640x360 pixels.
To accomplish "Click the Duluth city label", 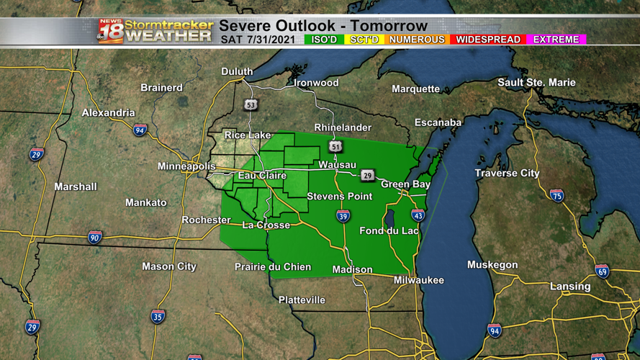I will pos(237,71).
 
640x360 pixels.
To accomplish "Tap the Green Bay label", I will pos(405,184).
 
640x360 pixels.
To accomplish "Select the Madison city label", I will pos(352,269).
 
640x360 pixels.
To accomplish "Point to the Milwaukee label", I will pos(419,279).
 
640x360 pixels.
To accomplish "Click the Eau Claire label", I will pos(262,176).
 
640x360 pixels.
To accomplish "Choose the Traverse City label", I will pos(507,173).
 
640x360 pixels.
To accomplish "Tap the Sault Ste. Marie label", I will pos(536,82).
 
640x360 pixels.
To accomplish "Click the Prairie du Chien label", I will pos(273,266).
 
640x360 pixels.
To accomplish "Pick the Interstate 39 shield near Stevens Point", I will pos(343,216).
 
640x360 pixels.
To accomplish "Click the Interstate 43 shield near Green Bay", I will pos(418,215).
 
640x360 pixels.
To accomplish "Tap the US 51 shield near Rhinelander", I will pos(336,146).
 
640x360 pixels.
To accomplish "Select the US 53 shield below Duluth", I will pos(251,105).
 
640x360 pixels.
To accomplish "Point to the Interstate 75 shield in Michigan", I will pos(556,195).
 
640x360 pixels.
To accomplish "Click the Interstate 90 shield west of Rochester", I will pos(95,237).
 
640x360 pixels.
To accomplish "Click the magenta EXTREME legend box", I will pos(555,39).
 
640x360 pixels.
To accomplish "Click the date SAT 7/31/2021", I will pos(258,39).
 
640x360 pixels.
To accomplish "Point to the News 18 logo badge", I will pos(110,32).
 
